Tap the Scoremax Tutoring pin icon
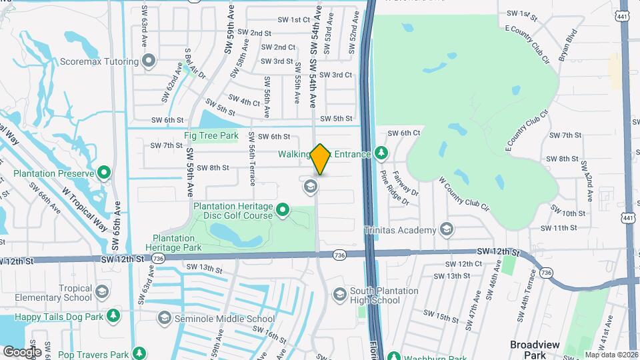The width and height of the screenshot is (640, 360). point(149,61)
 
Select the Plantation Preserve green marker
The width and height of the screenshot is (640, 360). point(104,174)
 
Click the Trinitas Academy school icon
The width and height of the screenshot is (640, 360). point(447,231)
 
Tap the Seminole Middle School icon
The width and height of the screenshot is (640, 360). point(165,319)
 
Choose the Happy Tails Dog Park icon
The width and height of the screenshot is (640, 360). point(113,315)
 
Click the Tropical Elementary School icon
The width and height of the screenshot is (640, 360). point(102,292)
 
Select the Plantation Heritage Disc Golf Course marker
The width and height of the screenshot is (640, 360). point(283,211)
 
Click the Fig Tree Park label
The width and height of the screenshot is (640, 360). point(211,136)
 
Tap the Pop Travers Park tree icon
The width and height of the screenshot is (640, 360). point(139,353)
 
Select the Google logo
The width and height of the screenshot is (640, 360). point(22,351)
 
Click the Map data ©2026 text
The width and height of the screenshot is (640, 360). point(611,355)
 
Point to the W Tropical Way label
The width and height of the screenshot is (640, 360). point(85,207)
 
